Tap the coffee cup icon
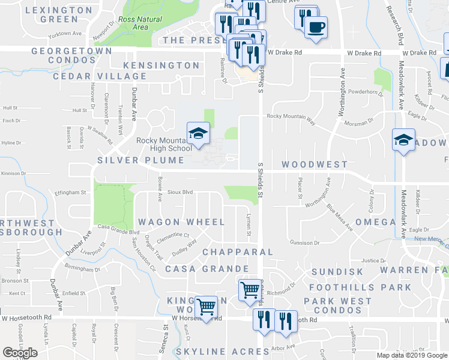tap(316, 26)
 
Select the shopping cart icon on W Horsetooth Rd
tap(206, 308)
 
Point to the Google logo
tap(20, 353)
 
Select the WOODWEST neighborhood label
tap(315, 164)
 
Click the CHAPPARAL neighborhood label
tap(238, 253)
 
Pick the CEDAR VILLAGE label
tap(100, 76)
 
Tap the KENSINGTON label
tap(161, 65)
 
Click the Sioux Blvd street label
tap(179, 193)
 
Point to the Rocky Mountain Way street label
tap(291, 116)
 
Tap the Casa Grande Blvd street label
tap(118, 232)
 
